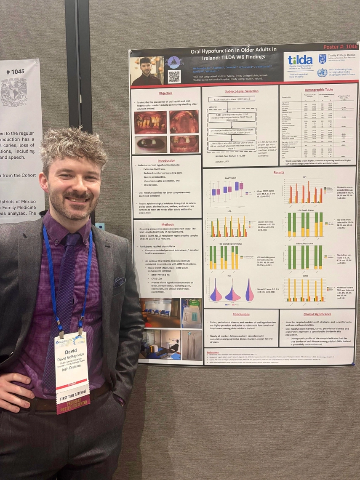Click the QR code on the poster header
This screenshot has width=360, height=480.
[x=174, y=76]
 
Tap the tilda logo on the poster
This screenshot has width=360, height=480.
[x=300, y=60]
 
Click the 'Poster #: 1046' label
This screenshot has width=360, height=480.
[x=340, y=47]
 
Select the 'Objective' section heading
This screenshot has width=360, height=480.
[x=165, y=93]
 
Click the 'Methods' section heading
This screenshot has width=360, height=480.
[x=167, y=224]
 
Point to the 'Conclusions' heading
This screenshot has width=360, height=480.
[x=241, y=314]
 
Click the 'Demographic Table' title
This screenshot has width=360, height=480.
[x=318, y=89]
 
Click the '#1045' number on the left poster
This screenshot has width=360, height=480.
[x=15, y=72]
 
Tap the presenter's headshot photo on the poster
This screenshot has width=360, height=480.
[x=147, y=71]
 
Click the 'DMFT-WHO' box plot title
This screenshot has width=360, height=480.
[x=231, y=178]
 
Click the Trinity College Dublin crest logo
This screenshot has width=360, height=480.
[x=322, y=59]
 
